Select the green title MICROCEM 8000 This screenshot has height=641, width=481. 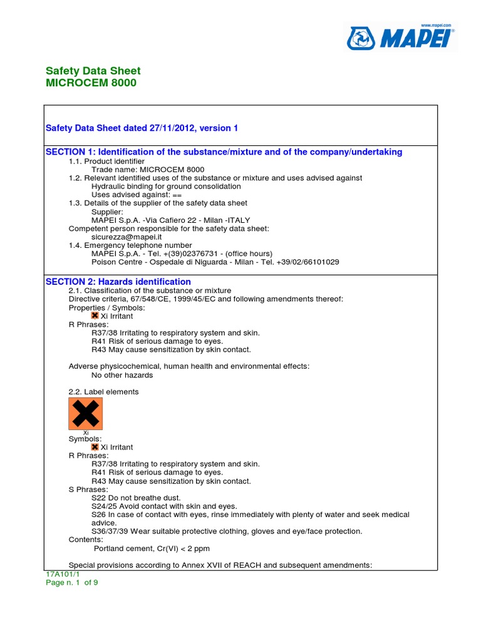tap(91, 83)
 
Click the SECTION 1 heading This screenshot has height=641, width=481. tap(224, 152)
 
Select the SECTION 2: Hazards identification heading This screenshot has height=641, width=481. tap(118, 282)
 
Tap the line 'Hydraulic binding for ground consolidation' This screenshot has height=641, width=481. tap(166, 186)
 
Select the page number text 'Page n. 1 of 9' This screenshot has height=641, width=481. tap(72, 582)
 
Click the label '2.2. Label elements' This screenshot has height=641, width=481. tap(103, 392)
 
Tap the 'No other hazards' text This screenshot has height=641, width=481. tap(122, 375)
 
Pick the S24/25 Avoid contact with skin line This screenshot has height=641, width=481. tap(164, 506)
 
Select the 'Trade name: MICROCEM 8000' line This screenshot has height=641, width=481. tap(148, 170)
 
